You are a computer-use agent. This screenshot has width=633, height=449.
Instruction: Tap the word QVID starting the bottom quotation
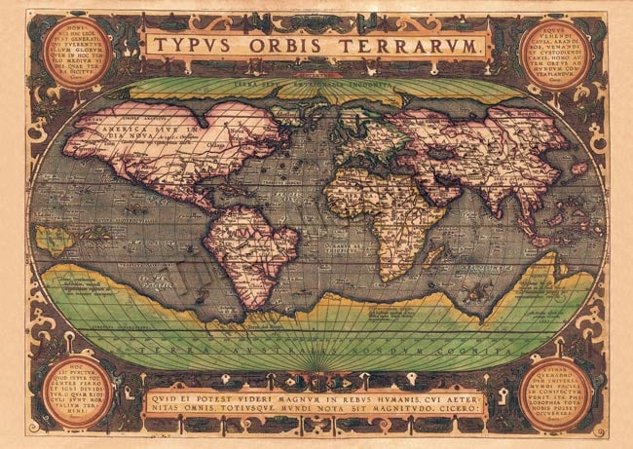168,396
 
